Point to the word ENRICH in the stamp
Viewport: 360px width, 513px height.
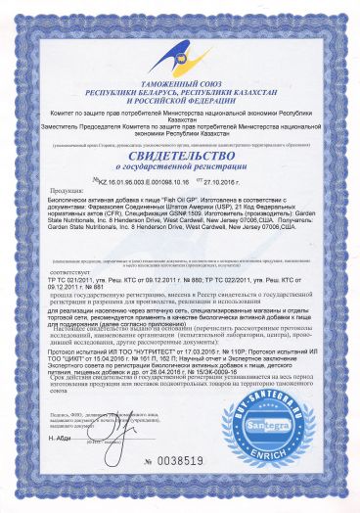point(291,456)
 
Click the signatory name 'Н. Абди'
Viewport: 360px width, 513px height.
point(81,466)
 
